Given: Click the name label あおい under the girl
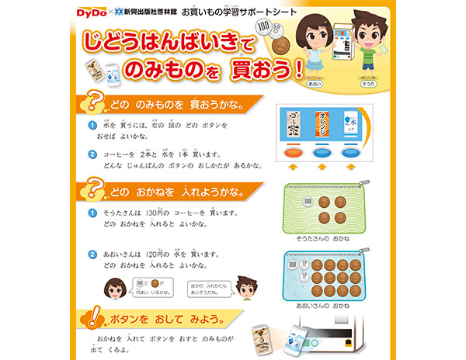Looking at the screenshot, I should (x=315, y=82).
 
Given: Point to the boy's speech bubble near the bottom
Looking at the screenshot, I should (x=210, y=288).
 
